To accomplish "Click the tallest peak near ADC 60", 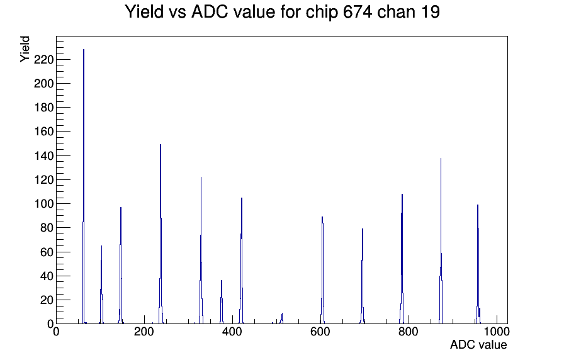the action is pyautogui.click(x=84, y=187).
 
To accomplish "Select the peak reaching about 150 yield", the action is pyautogui.click(x=161, y=233).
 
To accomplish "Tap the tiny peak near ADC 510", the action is pyautogui.click(x=281, y=318).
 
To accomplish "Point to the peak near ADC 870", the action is pyautogui.click(x=441, y=241).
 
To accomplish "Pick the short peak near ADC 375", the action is pyautogui.click(x=222, y=302).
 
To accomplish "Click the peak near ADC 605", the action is pyautogui.click(x=322, y=270).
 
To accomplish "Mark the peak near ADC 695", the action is pyautogui.click(x=362, y=276).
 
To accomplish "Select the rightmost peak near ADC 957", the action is pyautogui.click(x=478, y=264).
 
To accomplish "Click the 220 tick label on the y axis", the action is pyautogui.click(x=43, y=60).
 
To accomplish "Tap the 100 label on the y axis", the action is pyautogui.click(x=43, y=204).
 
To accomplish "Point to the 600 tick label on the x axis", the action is pyautogui.click(x=320, y=332).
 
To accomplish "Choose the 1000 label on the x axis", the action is pyautogui.click(x=497, y=332).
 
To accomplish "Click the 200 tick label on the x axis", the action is pyautogui.click(x=144, y=332).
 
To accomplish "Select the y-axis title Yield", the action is pyautogui.click(x=25, y=49).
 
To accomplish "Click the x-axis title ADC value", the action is pyautogui.click(x=478, y=344).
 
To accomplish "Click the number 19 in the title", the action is pyautogui.click(x=429, y=12).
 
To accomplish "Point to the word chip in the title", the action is pyautogui.click(x=322, y=13).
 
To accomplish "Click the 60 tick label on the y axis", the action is pyautogui.click(x=47, y=252).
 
